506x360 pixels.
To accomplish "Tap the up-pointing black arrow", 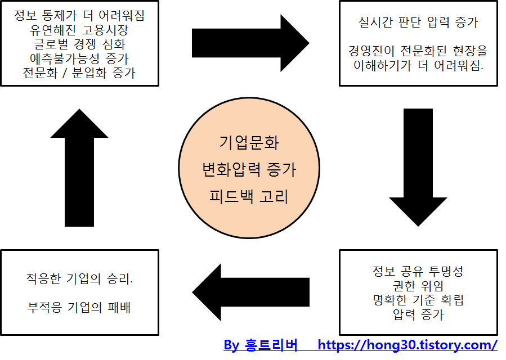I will pyautogui.click(x=79, y=168).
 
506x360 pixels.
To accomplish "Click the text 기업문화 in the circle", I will pyautogui.click(x=249, y=142).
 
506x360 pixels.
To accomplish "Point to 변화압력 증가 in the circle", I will pyautogui.click(x=249, y=169).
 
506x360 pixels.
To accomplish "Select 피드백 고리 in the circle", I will pyautogui.click(x=249, y=197).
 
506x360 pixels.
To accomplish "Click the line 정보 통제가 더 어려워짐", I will pyautogui.click(x=79, y=17).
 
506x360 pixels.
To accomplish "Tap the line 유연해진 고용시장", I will pyautogui.click(x=79, y=31).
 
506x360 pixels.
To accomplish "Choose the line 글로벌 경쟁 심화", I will pyautogui.click(x=79, y=44).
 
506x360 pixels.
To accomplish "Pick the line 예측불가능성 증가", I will pyautogui.click(x=79, y=58).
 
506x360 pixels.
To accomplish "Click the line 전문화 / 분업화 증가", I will pyautogui.click(x=79, y=73).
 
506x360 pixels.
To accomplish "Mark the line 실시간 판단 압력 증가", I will pyautogui.click(x=418, y=23).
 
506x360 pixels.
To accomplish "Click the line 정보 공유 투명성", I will pyautogui.click(x=418, y=271).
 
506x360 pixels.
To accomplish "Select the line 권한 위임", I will pyautogui.click(x=418, y=286).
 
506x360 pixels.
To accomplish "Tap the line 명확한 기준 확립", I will pyautogui.click(x=418, y=300).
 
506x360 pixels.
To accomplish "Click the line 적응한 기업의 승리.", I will pyautogui.click(x=79, y=278).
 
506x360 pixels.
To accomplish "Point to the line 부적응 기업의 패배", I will pyautogui.click(x=79, y=308).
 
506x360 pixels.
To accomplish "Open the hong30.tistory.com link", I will pyautogui.click(x=408, y=345).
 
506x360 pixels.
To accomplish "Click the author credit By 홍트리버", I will pyautogui.click(x=260, y=345).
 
